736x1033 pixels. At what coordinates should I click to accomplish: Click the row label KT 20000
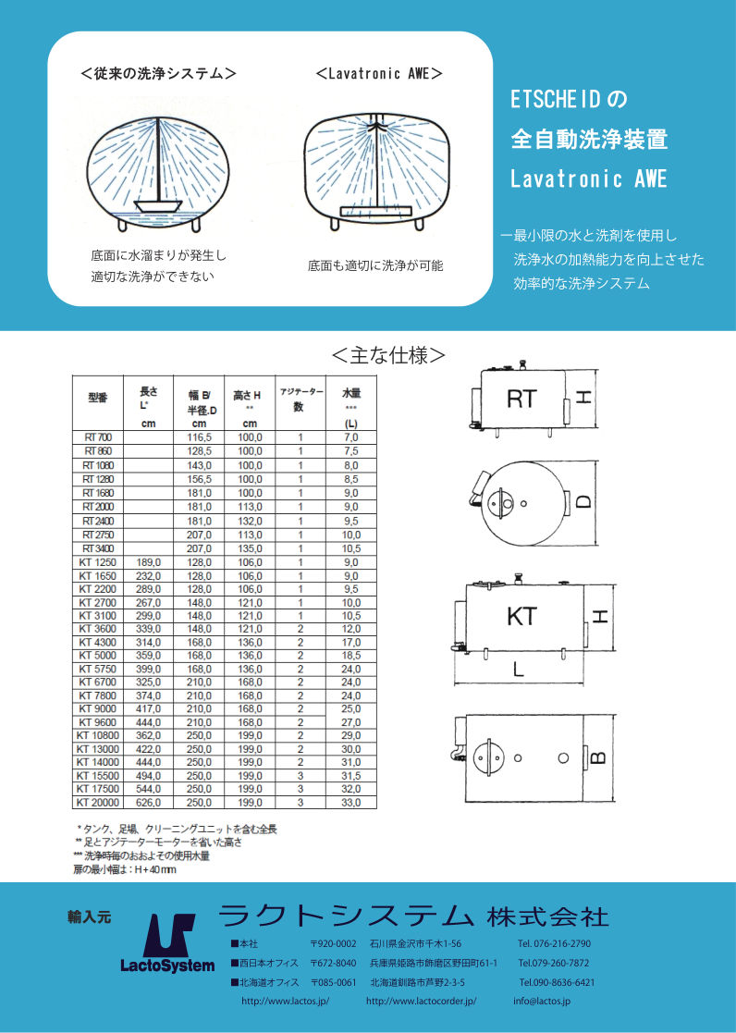[x=99, y=803]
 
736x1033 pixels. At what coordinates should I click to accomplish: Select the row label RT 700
[x=97, y=436]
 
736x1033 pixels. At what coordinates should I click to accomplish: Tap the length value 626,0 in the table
[x=150, y=803]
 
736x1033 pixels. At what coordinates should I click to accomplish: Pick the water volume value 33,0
[x=350, y=803]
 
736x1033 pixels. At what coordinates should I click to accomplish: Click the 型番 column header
[x=98, y=397]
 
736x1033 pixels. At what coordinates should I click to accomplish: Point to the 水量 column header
[x=350, y=392]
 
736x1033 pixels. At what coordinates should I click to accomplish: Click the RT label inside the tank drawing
[x=521, y=399]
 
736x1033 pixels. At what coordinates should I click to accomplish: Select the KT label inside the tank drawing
[x=521, y=616]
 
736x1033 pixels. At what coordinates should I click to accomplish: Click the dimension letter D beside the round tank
[x=583, y=503]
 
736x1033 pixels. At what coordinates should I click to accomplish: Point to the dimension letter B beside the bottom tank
[x=597, y=758]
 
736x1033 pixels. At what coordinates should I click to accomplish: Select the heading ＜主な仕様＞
[x=388, y=355]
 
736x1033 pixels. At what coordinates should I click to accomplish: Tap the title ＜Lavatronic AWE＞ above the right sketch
[x=378, y=73]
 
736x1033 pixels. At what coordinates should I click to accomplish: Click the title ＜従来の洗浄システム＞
[x=158, y=73]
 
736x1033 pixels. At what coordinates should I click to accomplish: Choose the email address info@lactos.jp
[x=542, y=1001]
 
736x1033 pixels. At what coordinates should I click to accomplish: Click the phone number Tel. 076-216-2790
[x=554, y=943]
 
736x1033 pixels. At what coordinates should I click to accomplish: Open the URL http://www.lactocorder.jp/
[x=421, y=1001]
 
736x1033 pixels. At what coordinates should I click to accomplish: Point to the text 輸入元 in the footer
[x=89, y=917]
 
